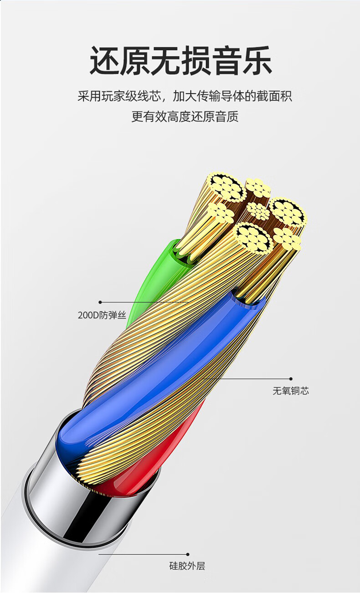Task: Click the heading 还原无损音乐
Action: click(180, 61)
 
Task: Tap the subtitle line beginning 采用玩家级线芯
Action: click(185, 97)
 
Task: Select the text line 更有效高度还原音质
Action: click(185, 117)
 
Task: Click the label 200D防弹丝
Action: click(102, 315)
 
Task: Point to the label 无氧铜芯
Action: click(291, 391)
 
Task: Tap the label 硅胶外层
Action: click(187, 566)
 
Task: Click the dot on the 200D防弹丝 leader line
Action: click(100, 302)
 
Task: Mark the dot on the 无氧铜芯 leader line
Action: click(291, 378)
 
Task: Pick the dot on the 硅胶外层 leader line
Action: click(187, 554)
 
